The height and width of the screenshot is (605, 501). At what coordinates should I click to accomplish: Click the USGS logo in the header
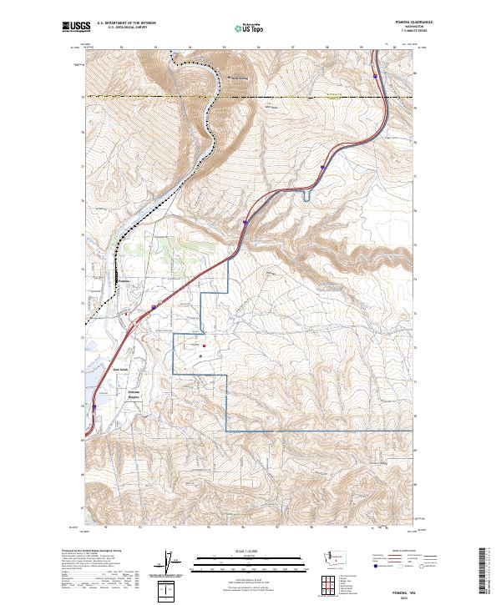(x=74, y=27)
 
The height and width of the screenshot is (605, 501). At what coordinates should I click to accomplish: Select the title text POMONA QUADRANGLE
(x=398, y=23)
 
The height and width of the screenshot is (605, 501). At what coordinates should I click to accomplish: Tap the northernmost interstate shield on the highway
(x=376, y=76)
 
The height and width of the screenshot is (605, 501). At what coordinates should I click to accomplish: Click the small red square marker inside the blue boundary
(x=203, y=344)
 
